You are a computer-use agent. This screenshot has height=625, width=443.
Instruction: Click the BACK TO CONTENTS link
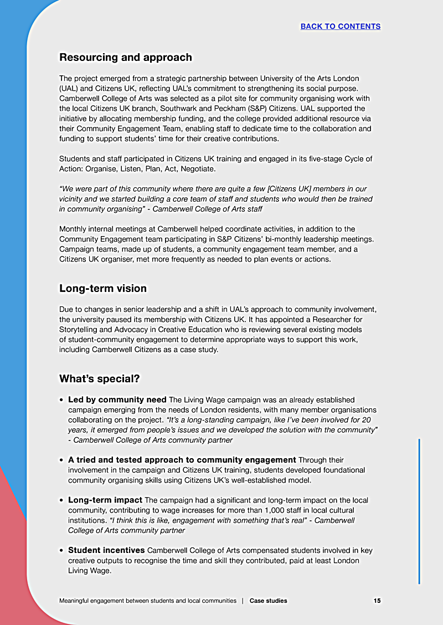[340, 26]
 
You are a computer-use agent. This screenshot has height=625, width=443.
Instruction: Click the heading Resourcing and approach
[126, 57]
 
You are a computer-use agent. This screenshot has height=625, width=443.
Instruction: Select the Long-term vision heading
[103, 288]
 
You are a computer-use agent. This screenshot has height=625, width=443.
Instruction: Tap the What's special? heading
[100, 378]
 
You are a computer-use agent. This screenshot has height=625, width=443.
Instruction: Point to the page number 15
[377, 601]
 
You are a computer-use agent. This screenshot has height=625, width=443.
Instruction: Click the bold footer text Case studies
[269, 601]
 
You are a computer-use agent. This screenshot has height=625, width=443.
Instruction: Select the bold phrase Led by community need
[117, 399]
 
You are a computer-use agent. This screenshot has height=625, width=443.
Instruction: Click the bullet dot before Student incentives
[62, 551]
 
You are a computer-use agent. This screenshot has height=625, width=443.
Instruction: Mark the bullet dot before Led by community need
[62, 400]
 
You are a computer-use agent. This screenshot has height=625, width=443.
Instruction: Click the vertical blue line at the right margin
[419, 510]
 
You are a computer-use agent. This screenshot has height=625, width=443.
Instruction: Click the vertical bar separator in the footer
[243, 601]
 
